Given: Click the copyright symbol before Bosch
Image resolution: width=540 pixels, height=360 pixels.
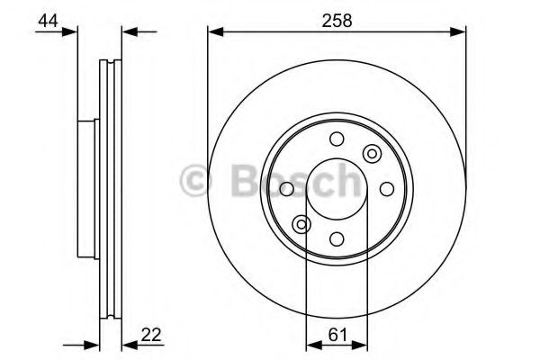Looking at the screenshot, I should (196, 179).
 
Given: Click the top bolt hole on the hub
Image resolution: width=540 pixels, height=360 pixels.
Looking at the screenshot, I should (337, 139).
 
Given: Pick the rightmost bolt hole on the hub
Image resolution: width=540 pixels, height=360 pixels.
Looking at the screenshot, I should (387, 189).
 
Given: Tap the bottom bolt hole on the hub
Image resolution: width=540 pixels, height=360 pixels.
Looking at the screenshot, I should (337, 238).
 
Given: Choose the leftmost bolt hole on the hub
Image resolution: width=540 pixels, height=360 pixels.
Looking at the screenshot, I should (287, 189).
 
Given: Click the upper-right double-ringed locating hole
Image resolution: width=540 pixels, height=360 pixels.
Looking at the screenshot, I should (372, 154).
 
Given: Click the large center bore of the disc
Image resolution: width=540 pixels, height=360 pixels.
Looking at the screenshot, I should (337, 189).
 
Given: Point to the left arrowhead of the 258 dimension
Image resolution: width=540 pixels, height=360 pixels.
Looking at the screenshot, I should (214, 33).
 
